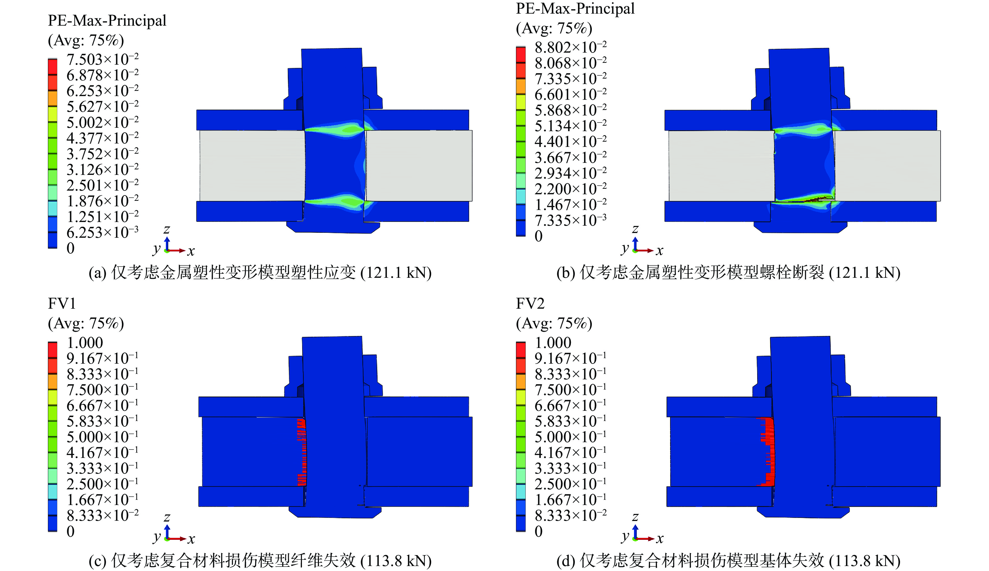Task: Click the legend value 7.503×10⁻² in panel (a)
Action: pyautogui.click(x=103, y=60)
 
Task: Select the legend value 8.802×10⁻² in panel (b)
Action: pyautogui.click(x=571, y=47)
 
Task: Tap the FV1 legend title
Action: pyautogui.click(x=62, y=303)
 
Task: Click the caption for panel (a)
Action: pyautogui.click(x=260, y=273)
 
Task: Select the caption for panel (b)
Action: pyautogui.click(x=728, y=273)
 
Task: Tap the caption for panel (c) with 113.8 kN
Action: pyautogui.click(x=260, y=561)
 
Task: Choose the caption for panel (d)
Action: pyautogui.click(x=728, y=561)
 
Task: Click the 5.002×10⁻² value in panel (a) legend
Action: pyautogui.click(x=103, y=122)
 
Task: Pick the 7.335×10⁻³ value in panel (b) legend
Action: pyautogui.click(x=571, y=220)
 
